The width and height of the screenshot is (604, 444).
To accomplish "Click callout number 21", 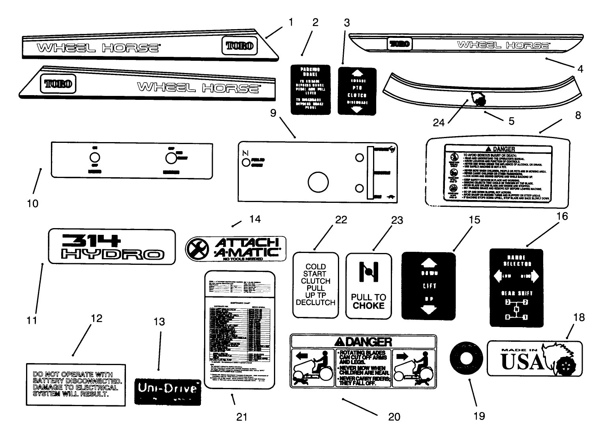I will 242,417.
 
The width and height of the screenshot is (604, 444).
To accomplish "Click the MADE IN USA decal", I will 535,358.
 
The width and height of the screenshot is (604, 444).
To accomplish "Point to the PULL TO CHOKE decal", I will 369,285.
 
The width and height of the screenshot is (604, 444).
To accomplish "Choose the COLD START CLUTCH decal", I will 315,285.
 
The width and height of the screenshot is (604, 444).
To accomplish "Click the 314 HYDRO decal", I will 112,247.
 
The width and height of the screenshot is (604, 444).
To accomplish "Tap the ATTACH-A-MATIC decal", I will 236,249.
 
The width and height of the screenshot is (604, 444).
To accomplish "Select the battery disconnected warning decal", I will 76,384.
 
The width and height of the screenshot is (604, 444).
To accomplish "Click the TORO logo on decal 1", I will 240,46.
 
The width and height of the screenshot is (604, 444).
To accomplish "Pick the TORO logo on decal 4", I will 400,43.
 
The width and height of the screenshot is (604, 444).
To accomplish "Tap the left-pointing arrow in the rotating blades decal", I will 302,356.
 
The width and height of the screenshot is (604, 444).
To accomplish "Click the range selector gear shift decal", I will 516,288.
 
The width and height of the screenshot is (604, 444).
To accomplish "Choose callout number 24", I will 439,123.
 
